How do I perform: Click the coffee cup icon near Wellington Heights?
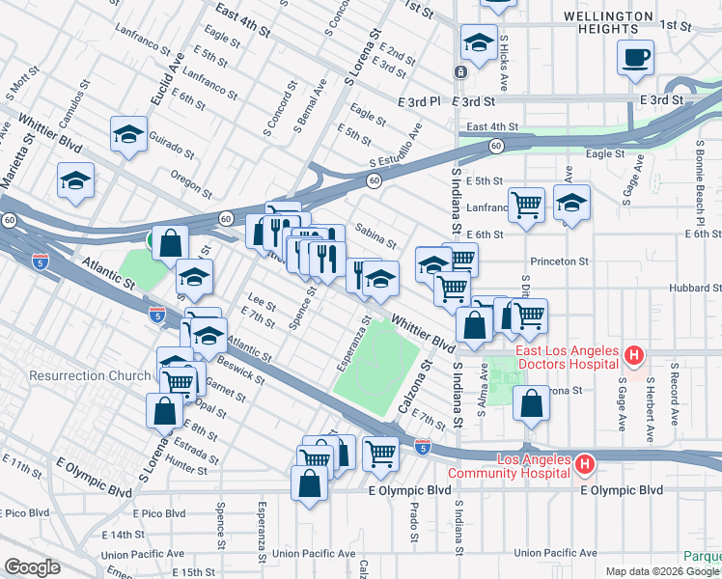[x=636, y=57]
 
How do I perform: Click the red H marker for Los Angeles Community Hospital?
[x=584, y=466]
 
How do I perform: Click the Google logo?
[x=32, y=567]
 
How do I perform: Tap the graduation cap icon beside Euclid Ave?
[x=128, y=135]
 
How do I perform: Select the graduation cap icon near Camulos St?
[x=75, y=179]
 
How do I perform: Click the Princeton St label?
[x=559, y=262]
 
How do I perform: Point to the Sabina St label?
[x=375, y=234]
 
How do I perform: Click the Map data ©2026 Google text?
[x=661, y=571]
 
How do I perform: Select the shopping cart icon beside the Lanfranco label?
[x=526, y=204]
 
